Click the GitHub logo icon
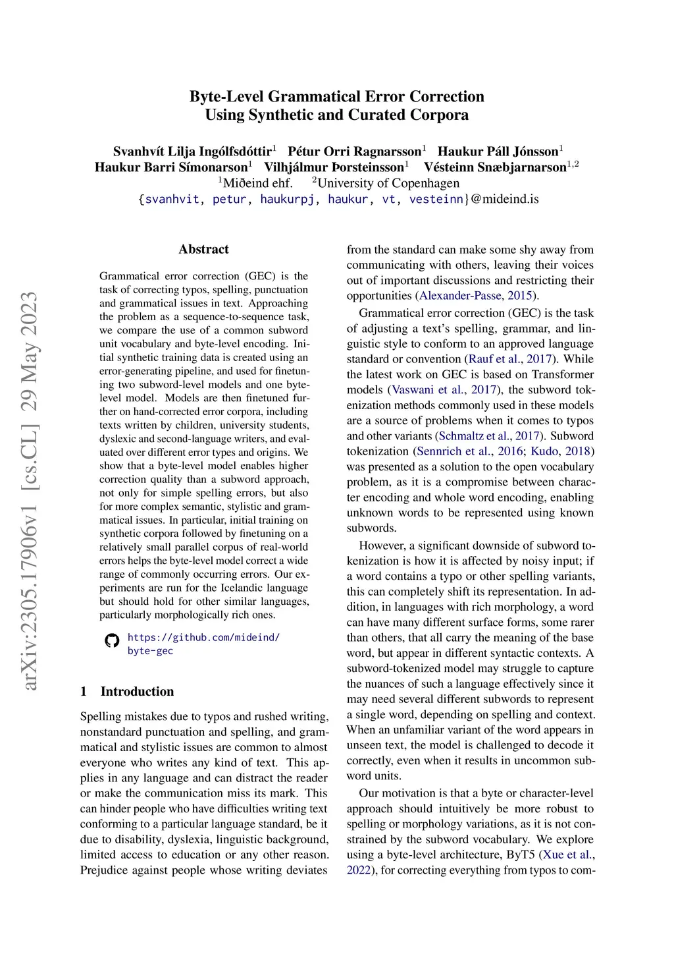pyautogui.click(x=112, y=640)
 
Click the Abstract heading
pyautogui.click(x=203, y=249)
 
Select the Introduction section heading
pyautogui.click(x=137, y=691)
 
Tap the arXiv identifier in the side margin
pyautogui.click(x=30, y=491)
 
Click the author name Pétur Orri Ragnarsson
pyautogui.click(x=354, y=152)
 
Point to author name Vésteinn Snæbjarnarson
pyautogui.click(x=495, y=167)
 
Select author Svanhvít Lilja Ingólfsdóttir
pyautogui.click(x=192, y=152)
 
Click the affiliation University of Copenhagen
pyautogui.click(x=388, y=183)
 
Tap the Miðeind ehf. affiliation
pyautogui.click(x=257, y=183)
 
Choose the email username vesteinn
pyautogui.click(x=436, y=199)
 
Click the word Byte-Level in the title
pyautogui.click(x=226, y=97)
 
